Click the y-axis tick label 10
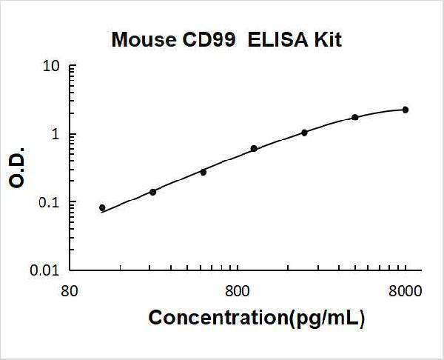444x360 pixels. [x=52, y=67]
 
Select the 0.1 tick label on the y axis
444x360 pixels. [x=50, y=202]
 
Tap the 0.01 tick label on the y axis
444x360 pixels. [x=47, y=270]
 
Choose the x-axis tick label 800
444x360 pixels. [x=237, y=290]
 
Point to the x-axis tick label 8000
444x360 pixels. [x=405, y=290]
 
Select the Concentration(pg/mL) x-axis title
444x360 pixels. [x=257, y=319]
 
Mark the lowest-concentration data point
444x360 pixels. [x=102, y=207]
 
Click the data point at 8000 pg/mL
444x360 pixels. [x=406, y=110]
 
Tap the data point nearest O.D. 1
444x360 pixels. [x=304, y=133]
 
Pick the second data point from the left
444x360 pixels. [x=152, y=192]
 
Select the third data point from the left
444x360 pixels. [x=203, y=172]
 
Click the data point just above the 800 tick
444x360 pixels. [x=254, y=149]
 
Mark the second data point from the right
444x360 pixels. [x=355, y=117]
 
